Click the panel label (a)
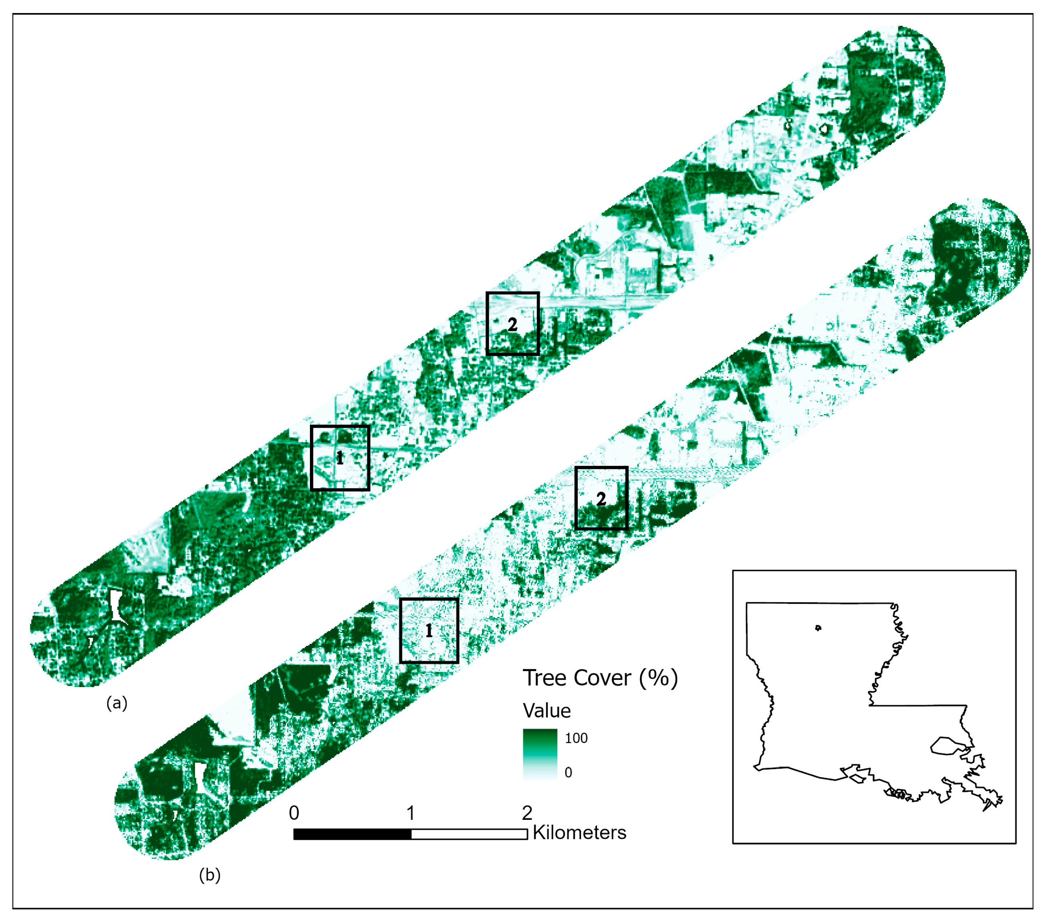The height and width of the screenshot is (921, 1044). pyautogui.click(x=116, y=703)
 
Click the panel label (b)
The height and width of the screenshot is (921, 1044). pyautogui.click(x=210, y=876)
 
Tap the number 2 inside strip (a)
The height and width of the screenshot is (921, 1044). pyautogui.click(x=512, y=324)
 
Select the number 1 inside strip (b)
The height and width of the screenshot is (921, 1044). pyautogui.click(x=429, y=631)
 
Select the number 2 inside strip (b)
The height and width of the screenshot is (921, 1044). pyautogui.click(x=601, y=499)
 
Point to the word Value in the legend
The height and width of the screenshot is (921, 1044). pyautogui.click(x=546, y=711)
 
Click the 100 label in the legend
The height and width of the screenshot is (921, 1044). pyautogui.click(x=576, y=738)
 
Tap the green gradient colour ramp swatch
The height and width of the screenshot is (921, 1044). pyautogui.click(x=540, y=754)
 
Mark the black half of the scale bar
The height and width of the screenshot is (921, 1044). pyautogui.click(x=352, y=834)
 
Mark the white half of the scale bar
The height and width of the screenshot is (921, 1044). pyautogui.click(x=469, y=834)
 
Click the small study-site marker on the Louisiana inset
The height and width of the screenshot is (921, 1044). pyautogui.click(x=818, y=628)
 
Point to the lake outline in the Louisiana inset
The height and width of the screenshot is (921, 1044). pyautogui.click(x=947, y=745)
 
